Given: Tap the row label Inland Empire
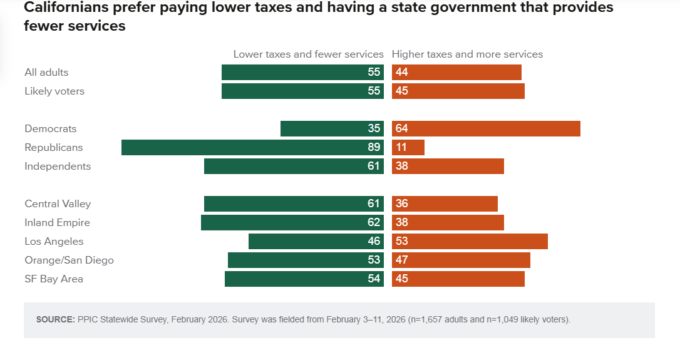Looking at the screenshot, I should click(57, 223).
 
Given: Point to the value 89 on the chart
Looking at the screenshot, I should click(374, 148).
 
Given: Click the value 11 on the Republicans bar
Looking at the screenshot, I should click(401, 148).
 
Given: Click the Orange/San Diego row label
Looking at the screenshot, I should click(69, 260).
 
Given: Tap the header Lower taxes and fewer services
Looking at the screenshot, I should click(308, 54).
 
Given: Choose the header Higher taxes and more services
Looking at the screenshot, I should click(467, 54).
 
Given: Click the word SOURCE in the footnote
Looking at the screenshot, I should click(55, 319).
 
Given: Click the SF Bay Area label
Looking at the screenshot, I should click(54, 279).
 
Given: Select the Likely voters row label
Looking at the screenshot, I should click(54, 91).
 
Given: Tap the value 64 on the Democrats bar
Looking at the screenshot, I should click(401, 129).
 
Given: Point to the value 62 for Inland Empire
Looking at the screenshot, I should click(374, 223).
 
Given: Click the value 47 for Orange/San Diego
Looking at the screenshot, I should click(401, 260).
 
